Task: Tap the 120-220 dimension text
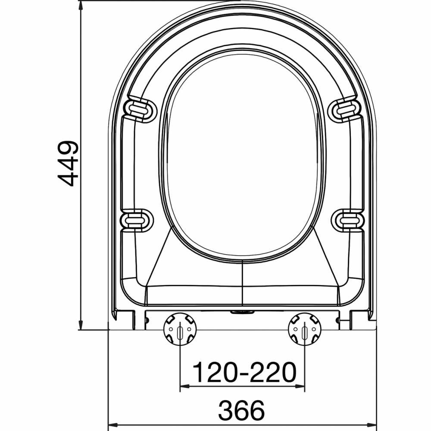244,373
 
